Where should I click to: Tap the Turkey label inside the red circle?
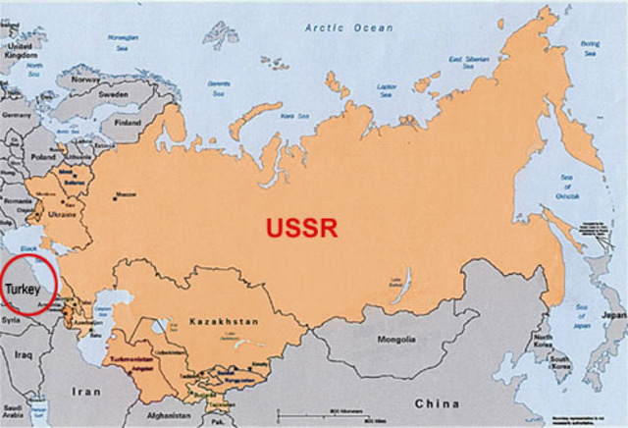23,289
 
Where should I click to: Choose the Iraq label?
25,354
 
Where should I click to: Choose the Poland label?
44,155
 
